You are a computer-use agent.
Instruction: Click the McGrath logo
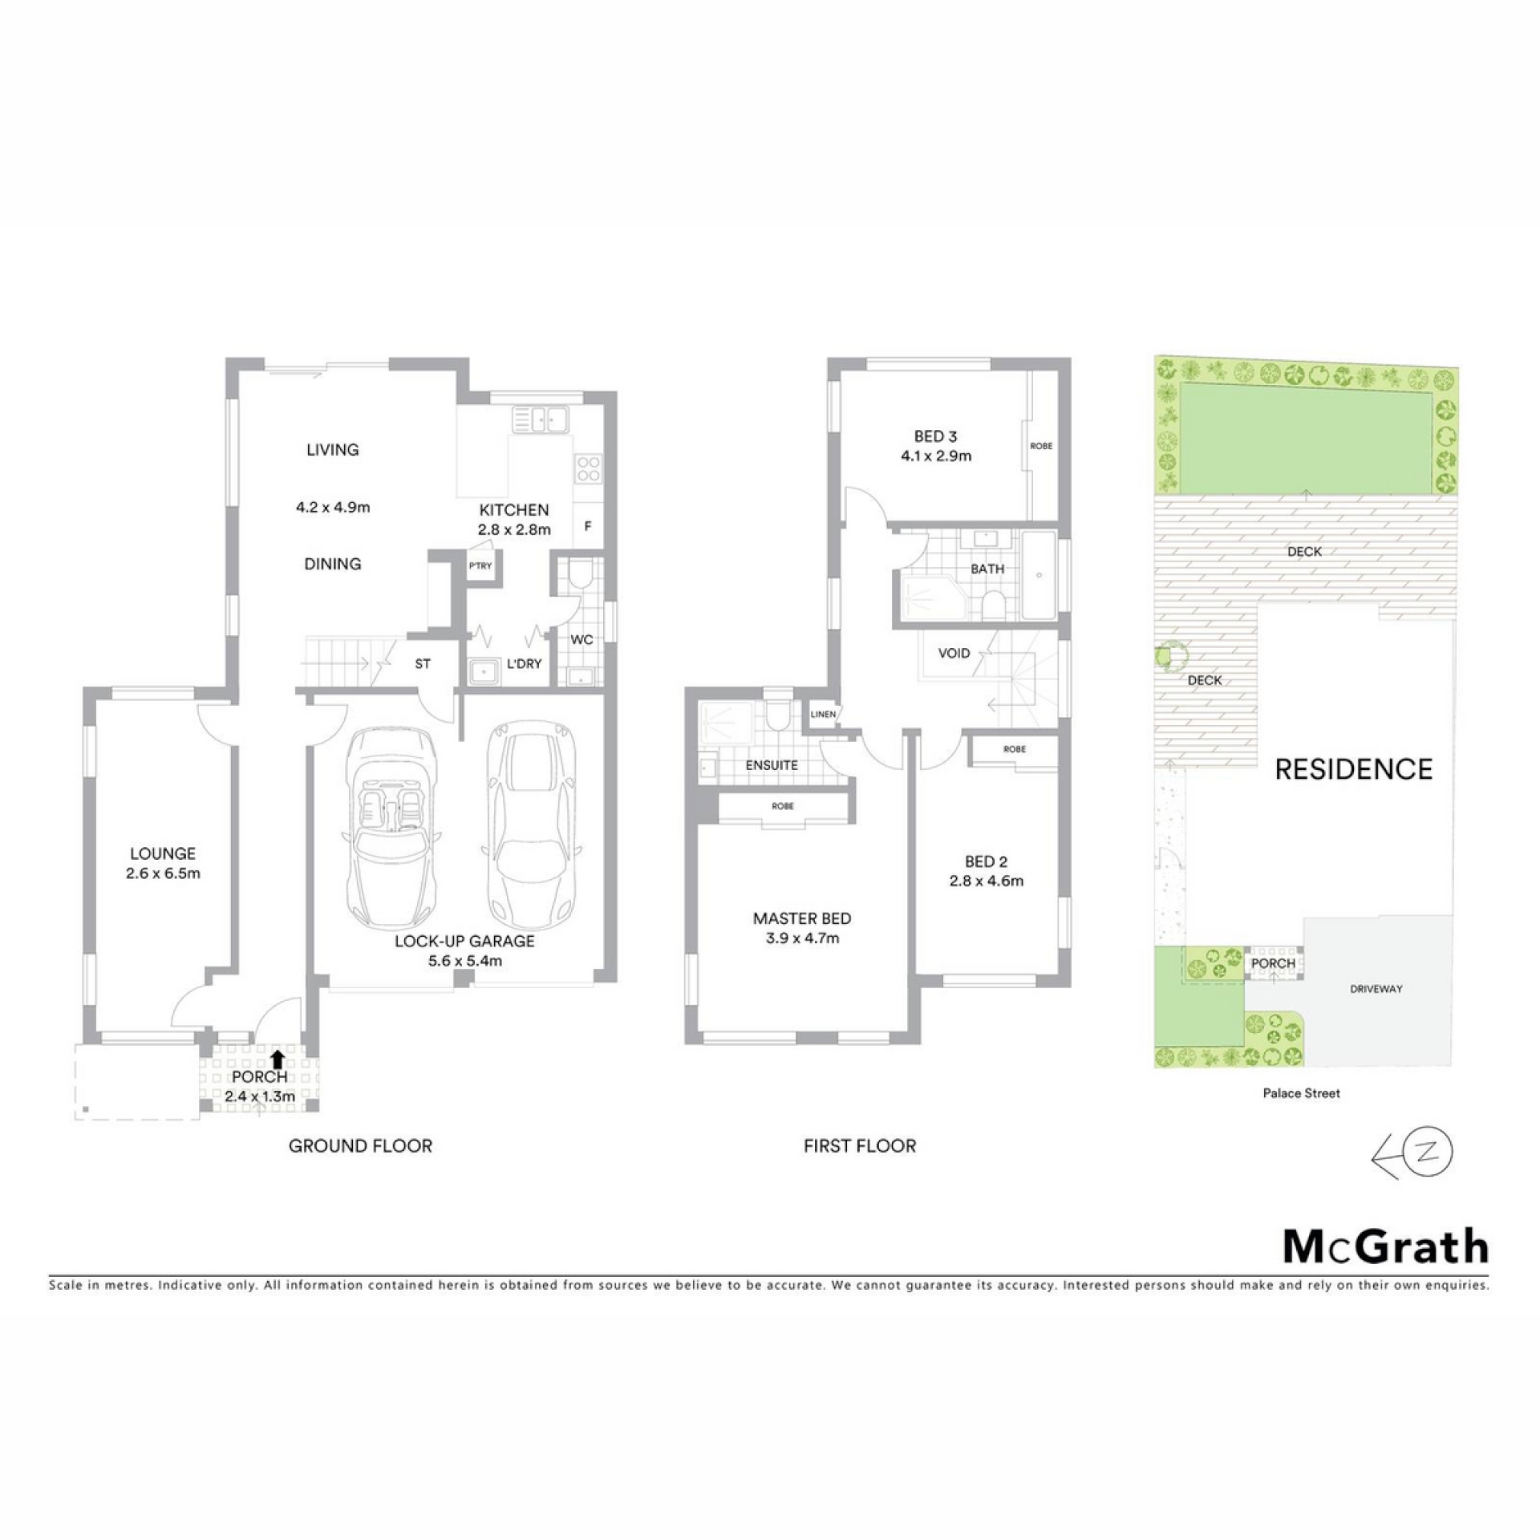tap(1386, 1246)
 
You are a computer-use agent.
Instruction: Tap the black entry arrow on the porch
tap(278, 1060)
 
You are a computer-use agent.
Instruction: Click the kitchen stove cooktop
tap(589, 468)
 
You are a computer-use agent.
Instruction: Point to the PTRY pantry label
tap(480, 565)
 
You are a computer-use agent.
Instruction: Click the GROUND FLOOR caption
tap(360, 1146)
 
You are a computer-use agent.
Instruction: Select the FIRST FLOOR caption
tap(860, 1146)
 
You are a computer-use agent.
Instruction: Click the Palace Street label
tap(1302, 1093)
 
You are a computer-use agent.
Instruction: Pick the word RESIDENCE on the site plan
tap(1354, 770)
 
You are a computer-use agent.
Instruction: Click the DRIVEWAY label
tap(1376, 989)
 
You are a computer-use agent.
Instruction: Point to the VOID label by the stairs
tap(954, 653)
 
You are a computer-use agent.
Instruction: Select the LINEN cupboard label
tap(823, 714)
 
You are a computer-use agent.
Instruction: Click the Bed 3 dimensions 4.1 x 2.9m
tap(935, 456)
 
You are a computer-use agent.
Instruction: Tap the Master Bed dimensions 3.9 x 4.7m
tap(802, 938)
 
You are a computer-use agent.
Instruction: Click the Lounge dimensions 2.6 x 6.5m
tap(163, 873)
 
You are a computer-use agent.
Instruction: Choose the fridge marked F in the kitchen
tap(588, 526)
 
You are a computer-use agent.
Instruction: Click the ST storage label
tap(423, 664)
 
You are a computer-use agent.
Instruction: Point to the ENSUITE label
tap(772, 765)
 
